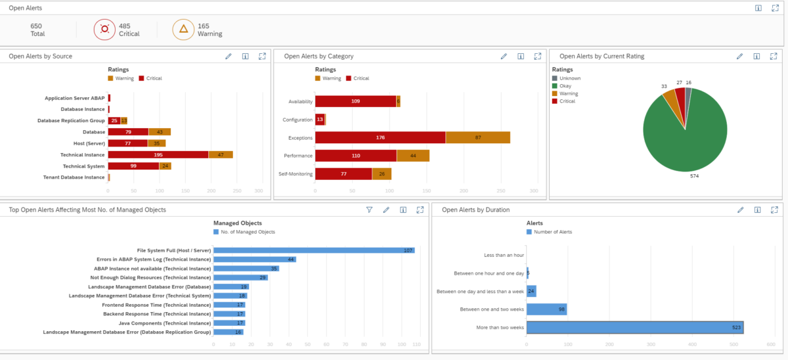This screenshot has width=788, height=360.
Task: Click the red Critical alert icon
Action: pyautogui.click(x=104, y=29)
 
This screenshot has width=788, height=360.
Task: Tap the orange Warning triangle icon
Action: pyautogui.click(x=183, y=29)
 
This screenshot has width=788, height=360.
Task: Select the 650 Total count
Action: pyautogui.click(x=37, y=30)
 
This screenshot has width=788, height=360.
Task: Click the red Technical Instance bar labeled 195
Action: pyautogui.click(x=158, y=154)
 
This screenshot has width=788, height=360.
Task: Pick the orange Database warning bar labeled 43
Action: pyautogui.click(x=160, y=132)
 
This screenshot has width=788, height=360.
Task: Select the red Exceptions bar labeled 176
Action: pyautogui.click(x=380, y=137)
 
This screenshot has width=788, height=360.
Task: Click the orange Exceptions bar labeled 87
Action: pyautogui.click(x=477, y=137)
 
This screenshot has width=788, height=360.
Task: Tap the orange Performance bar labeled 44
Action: pyautogui.click(x=413, y=156)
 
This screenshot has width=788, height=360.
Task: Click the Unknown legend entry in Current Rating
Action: pyautogui.click(x=569, y=78)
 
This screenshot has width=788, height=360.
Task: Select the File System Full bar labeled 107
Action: pyautogui.click(x=314, y=250)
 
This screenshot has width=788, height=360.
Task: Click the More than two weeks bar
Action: pyautogui.click(x=634, y=327)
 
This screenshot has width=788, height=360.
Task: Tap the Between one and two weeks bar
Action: pyautogui.click(x=546, y=309)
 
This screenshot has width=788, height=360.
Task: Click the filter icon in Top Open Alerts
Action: pyautogui.click(x=369, y=210)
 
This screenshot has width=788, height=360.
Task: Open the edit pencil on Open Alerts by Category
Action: pyautogui.click(x=504, y=56)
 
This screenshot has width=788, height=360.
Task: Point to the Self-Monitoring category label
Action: pyautogui.click(x=294, y=173)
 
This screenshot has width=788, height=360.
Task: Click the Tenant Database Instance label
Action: pyautogui.click(x=74, y=177)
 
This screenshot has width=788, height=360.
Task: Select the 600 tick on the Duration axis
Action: pyautogui.click(x=770, y=344)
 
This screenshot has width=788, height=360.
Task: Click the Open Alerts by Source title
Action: pyautogui.click(x=41, y=56)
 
